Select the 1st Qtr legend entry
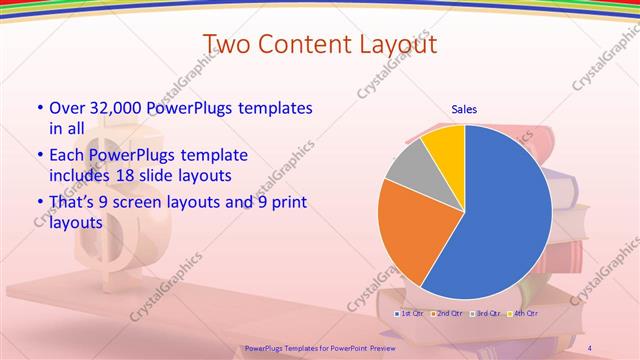point(409,314)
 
